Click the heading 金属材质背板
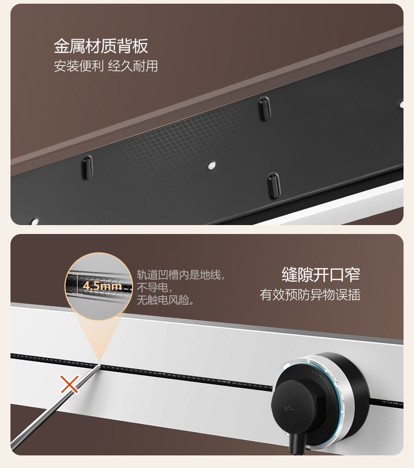pos(101,46)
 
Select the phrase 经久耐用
pos(133,67)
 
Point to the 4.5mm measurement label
pos(102,286)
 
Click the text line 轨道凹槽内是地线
pos(180,275)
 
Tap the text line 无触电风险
pos(166,301)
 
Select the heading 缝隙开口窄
pos(321,274)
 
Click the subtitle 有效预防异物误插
pos(310,294)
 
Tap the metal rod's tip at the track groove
pos(100,363)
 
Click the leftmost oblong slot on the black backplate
pos(86,167)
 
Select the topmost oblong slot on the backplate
pos(264,108)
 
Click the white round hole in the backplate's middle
pos(211,165)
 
